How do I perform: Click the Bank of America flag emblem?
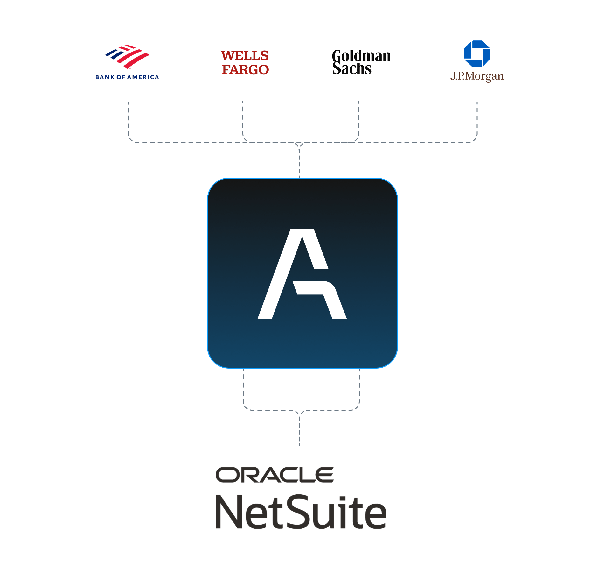[x=127, y=57]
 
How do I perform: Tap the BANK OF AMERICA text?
[x=127, y=77]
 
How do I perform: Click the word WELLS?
[x=245, y=56]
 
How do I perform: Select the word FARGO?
[x=245, y=70]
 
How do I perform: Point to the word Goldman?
[x=361, y=56]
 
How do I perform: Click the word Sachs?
[x=352, y=68]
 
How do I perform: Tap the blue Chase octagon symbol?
[x=477, y=54]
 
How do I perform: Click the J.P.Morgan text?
[x=477, y=76]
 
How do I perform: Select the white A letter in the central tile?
[x=302, y=274]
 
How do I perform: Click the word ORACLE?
[x=275, y=475]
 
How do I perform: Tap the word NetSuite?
[x=301, y=512]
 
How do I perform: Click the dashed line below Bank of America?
[x=129, y=121]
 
